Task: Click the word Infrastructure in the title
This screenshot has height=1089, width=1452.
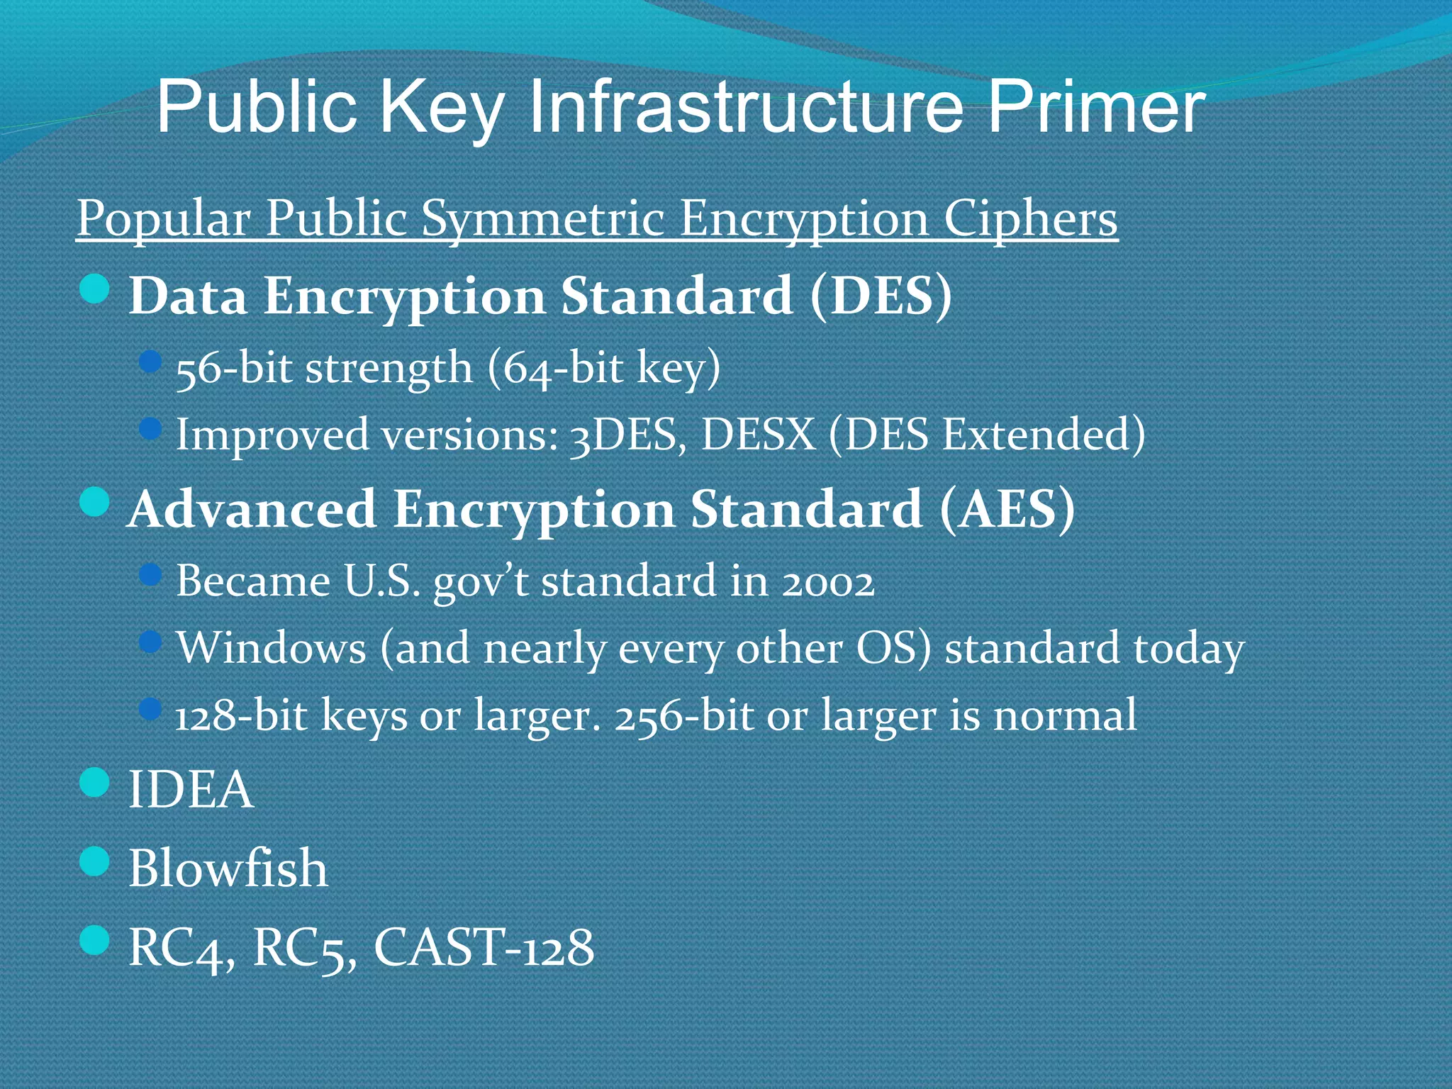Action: [745, 108]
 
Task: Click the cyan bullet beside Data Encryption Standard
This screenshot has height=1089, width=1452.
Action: [95, 289]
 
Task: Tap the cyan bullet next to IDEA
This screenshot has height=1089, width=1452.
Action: [95, 783]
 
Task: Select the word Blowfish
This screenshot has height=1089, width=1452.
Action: [228, 869]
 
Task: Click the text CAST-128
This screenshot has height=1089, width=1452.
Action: [484, 947]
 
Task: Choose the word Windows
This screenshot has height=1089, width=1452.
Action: [271, 647]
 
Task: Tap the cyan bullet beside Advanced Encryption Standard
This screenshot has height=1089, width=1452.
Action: [95, 503]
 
